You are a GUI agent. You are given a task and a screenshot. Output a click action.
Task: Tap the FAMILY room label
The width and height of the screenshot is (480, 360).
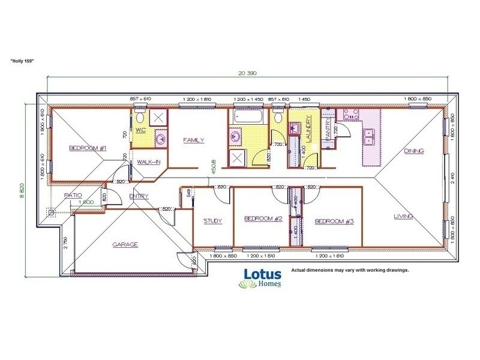(x=194, y=140)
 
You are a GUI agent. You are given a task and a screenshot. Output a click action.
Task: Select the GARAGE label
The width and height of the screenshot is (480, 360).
(x=126, y=244)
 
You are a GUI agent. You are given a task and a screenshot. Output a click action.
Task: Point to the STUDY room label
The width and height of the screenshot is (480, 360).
(x=212, y=221)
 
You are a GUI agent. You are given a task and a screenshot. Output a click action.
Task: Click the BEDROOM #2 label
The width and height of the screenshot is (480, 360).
(x=263, y=219)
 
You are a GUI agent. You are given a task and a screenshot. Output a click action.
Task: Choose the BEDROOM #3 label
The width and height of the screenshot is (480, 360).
(x=334, y=221)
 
